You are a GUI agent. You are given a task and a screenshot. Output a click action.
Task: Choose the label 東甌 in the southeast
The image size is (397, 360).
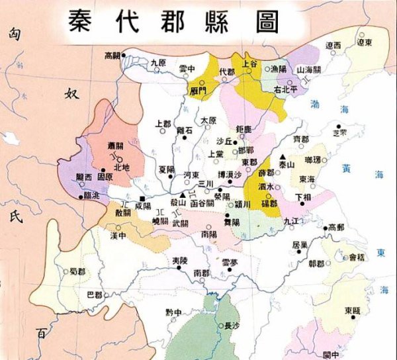click(x=353, y=310)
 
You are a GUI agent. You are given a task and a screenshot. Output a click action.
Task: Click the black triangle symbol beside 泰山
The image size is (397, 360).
click(x=283, y=156)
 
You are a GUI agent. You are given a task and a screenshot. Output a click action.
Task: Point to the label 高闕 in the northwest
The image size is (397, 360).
click(x=114, y=56)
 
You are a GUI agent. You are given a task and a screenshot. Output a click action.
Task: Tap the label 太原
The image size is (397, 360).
click(x=208, y=120)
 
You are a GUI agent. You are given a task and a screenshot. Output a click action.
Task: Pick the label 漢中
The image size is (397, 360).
click(x=118, y=236)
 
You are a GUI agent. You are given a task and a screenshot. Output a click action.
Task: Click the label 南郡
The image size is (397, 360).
click(x=202, y=273)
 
